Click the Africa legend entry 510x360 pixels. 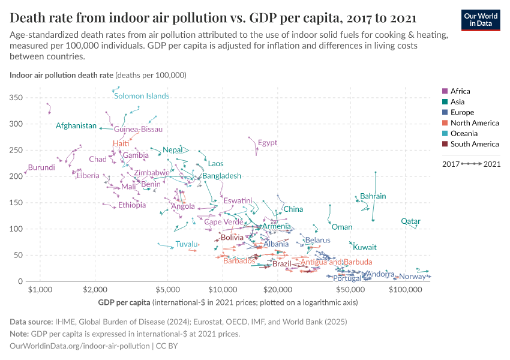(460, 91)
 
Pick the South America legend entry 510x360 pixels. (474, 144)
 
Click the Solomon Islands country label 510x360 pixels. (142, 96)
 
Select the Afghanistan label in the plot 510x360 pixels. (76, 125)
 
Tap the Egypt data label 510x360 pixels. (268, 143)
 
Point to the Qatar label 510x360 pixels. (410, 221)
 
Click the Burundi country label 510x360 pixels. (41, 167)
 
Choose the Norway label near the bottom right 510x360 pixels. (412, 277)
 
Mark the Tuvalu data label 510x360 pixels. (187, 244)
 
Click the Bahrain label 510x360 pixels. (373, 196)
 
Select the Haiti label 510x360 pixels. (121, 143)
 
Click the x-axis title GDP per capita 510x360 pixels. (124, 302)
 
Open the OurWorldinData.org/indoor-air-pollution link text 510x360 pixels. (80, 346)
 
